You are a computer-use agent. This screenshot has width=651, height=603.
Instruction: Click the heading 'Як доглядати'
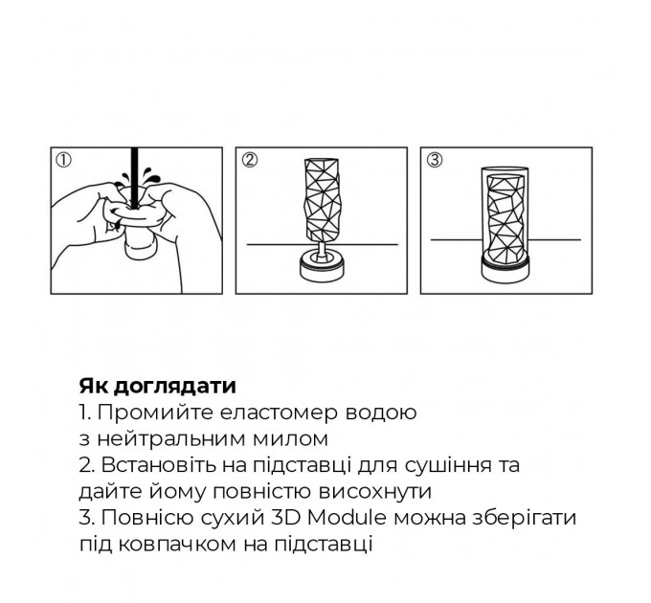coord(157,387)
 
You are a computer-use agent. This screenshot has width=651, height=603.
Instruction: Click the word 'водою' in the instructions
coord(383,413)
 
